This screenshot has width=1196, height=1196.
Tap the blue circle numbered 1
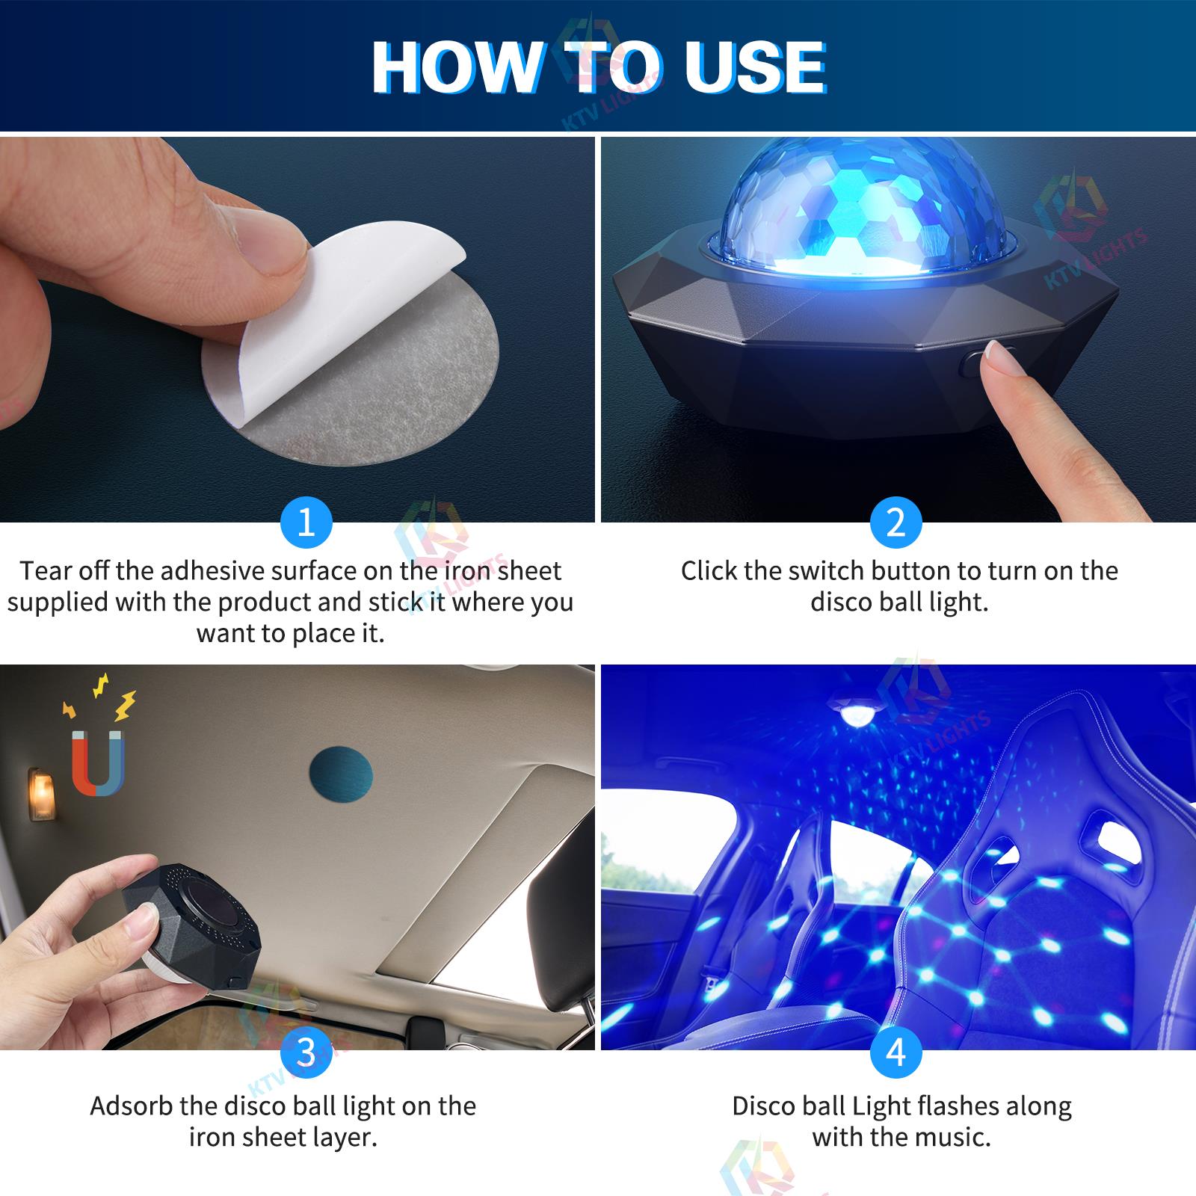306,523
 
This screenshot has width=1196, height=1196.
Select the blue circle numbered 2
896,523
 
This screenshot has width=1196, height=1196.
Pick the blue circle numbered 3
306,1052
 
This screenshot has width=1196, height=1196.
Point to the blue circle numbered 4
896,1052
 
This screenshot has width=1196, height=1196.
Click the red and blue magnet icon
98,763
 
